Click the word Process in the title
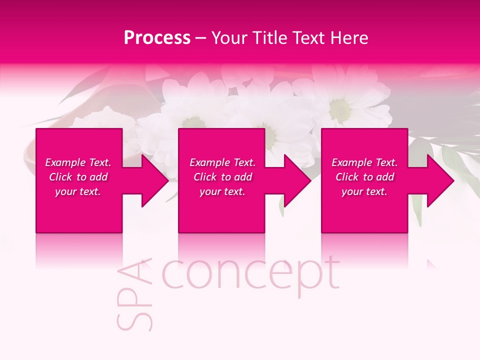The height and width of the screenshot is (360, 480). (157, 38)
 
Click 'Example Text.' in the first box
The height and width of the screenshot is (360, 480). (78, 162)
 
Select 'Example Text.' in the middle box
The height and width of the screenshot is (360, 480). (222, 162)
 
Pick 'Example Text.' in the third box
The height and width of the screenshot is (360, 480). (364, 162)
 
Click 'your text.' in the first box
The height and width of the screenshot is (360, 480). (78, 191)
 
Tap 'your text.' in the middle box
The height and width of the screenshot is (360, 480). (222, 191)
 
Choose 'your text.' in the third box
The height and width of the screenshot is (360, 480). (364, 191)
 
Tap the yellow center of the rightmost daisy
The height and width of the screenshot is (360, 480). (340, 105)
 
